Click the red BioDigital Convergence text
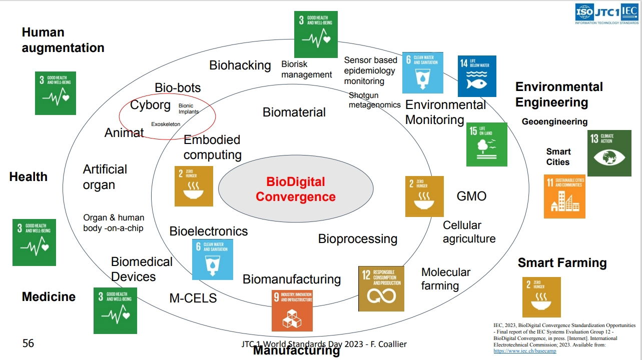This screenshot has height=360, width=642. point(295,189)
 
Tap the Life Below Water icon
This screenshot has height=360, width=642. point(477,76)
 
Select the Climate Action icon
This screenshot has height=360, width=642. point(609,153)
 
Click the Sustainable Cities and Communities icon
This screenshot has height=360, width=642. point(564,196)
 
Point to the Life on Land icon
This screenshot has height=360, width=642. point(486,144)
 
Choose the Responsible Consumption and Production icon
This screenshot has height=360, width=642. point(380,289)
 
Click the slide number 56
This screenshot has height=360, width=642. point(29,343)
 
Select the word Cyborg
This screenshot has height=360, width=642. point(150,105)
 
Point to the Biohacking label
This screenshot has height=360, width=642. point(240,65)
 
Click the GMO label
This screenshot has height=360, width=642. point(471,195)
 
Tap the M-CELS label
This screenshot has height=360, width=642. point(193,298)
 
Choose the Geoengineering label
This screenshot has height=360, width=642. point(554,121)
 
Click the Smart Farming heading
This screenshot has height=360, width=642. point(562,263)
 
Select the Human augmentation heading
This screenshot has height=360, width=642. point(63,40)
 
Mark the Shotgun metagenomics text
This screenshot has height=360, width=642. point(374,100)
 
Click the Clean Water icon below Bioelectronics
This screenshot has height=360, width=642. point(213,259)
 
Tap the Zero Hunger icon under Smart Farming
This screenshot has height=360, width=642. point(541,297)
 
